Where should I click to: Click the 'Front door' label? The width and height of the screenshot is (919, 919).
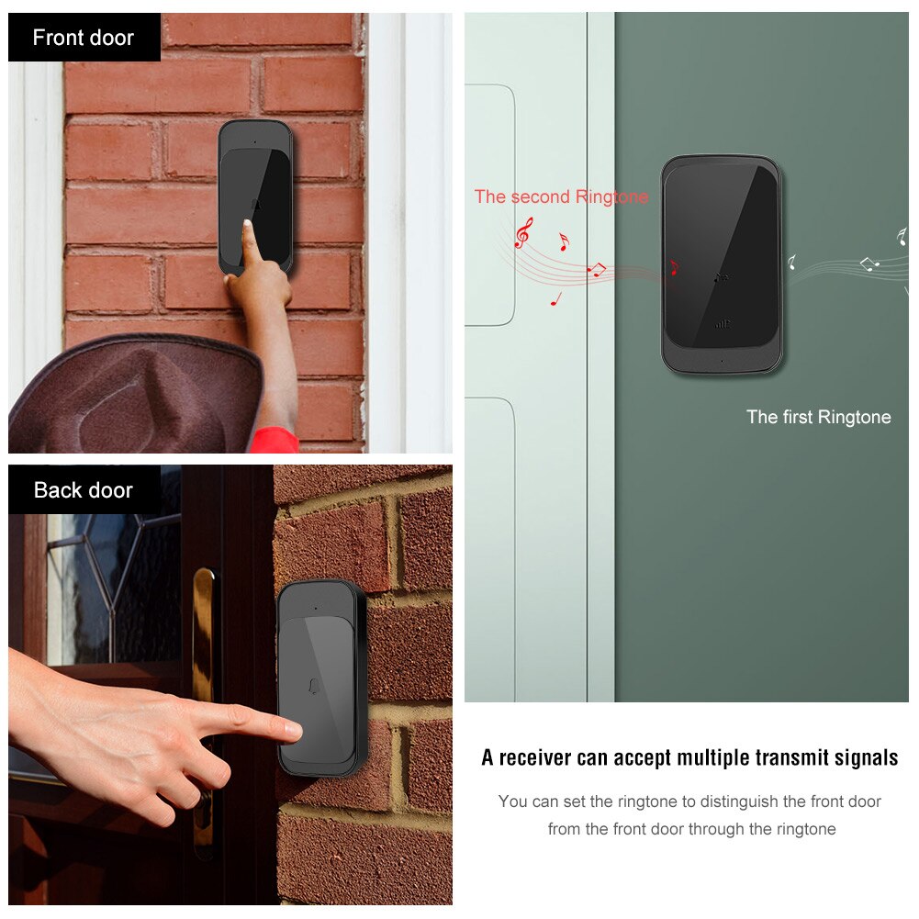point(84,38)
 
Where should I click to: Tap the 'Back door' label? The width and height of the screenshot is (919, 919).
point(84,490)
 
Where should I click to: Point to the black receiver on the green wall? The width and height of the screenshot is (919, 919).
point(722,263)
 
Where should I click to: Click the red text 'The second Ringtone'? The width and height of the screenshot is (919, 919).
point(561,196)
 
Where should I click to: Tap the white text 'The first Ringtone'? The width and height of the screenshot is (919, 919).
point(818,417)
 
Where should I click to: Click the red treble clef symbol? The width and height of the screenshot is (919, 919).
point(522,232)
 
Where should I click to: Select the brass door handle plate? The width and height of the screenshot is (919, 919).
point(204,707)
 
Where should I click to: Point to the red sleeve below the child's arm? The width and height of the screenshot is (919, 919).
point(275,440)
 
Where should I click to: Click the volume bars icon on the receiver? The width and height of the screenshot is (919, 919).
point(723,324)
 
